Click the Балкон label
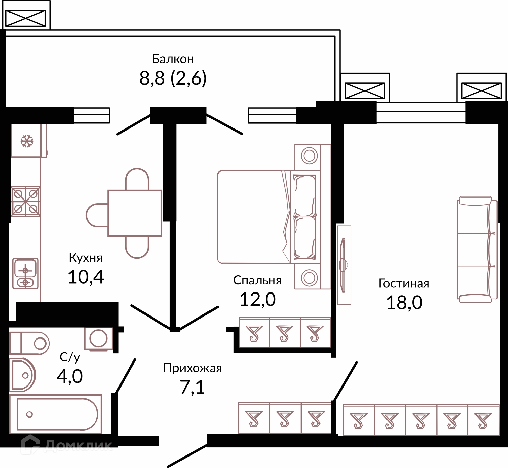click(173, 59)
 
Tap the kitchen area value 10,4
click(86, 277)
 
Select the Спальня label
click(257, 280)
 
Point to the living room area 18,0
click(404, 303)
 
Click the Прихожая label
click(193, 368)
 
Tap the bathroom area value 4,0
click(70, 376)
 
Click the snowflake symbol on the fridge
click(27, 141)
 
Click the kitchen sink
click(25, 274)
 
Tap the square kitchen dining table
click(135, 213)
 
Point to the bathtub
click(56, 414)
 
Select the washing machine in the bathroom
click(98, 339)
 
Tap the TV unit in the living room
click(344, 265)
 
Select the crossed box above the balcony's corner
click(26, 18)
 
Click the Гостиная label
click(404, 284)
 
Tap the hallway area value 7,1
click(192, 387)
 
